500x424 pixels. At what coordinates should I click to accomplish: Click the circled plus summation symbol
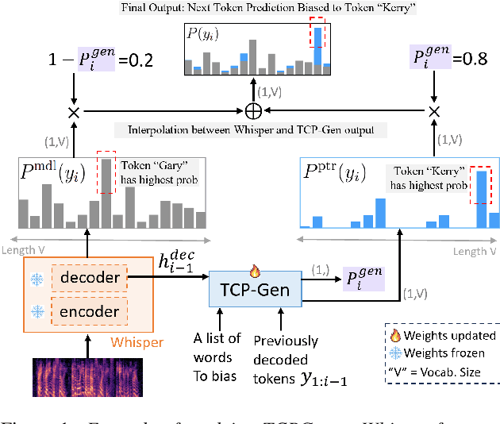pyautogui.click(x=254, y=110)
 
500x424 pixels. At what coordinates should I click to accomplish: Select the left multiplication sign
pyautogui.click(x=74, y=112)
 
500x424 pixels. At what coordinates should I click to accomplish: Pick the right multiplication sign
pyautogui.click(x=434, y=112)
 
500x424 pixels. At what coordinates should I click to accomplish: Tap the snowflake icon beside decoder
pyautogui.click(x=37, y=278)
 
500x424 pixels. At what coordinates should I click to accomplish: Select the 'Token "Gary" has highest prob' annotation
pyautogui.click(x=159, y=173)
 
